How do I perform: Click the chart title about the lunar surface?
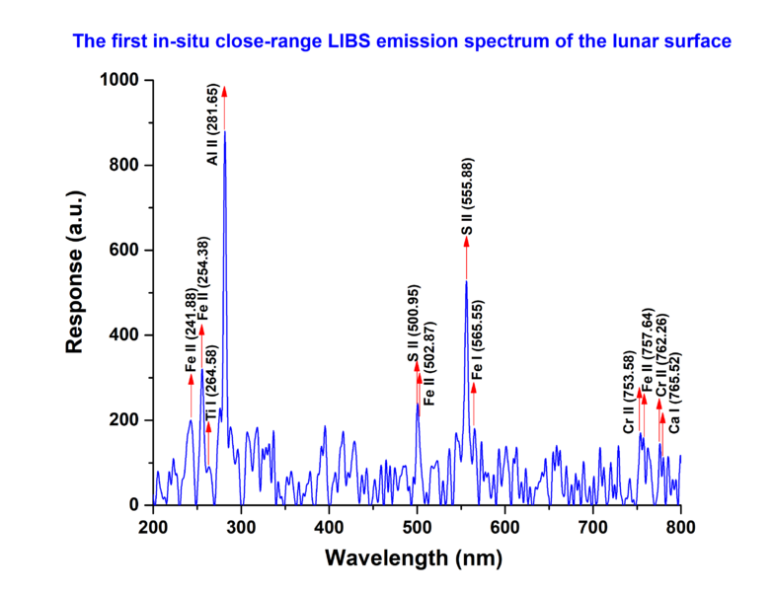[x=401, y=41]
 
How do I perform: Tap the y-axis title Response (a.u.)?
[x=73, y=292]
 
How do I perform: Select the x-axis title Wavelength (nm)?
[x=414, y=558]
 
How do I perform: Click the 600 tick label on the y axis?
[x=123, y=251]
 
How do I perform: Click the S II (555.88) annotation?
[x=467, y=198]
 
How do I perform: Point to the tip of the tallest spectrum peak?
[x=225, y=132]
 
